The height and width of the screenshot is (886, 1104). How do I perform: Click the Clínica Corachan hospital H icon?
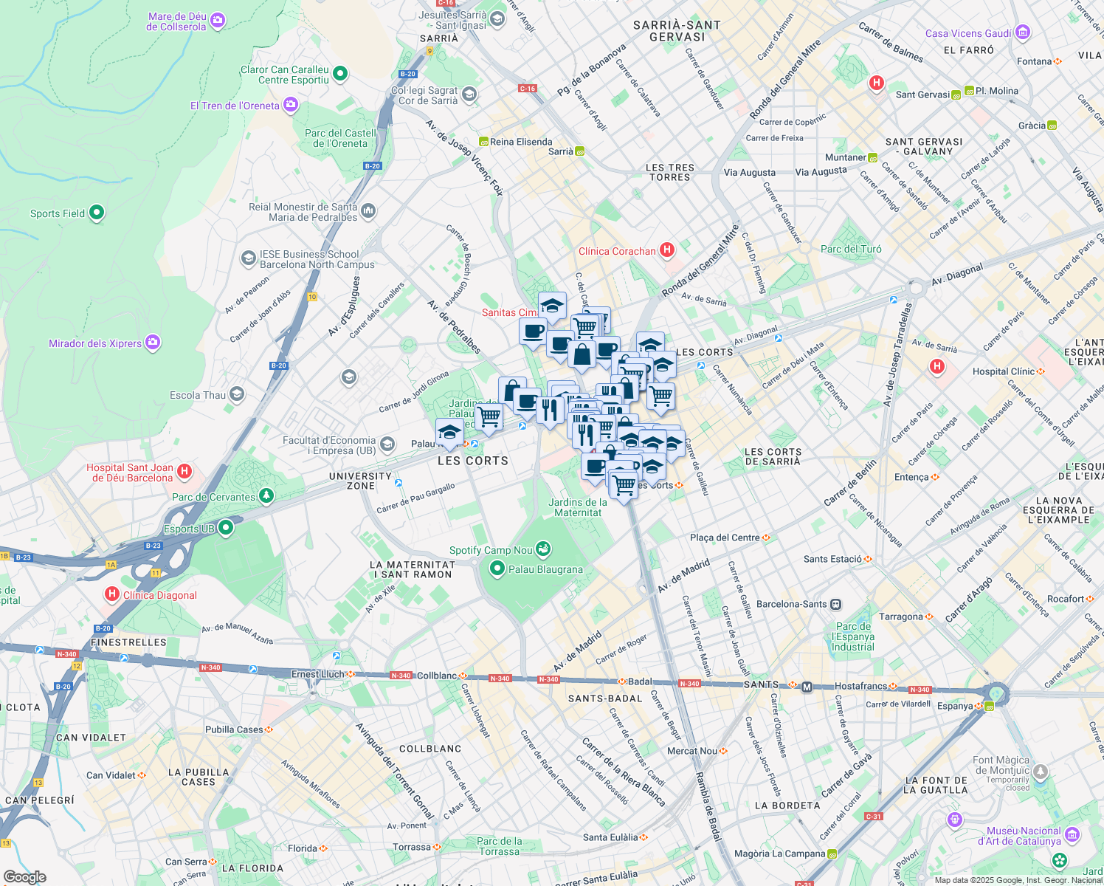coord(667,250)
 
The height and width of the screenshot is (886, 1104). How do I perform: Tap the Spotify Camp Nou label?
coord(491,550)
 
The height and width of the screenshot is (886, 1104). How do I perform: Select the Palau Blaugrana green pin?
coord(497,569)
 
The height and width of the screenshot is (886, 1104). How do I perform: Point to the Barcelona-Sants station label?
coord(791,604)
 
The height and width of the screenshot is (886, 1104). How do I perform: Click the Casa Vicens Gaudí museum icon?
coord(1022,32)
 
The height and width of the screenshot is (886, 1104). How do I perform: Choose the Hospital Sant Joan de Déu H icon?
coord(184,471)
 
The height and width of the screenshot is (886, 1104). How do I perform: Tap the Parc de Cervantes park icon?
coord(266,496)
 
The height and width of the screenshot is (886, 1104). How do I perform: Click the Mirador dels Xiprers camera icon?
coord(153,343)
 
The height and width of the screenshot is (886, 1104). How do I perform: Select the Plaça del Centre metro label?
coord(725,538)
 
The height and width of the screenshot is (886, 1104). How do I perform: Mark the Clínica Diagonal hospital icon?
coord(112,594)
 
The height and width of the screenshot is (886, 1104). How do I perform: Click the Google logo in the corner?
coord(24,877)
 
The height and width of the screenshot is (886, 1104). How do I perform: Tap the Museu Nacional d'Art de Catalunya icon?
coord(1072,835)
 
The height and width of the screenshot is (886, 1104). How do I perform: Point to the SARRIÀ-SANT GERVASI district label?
coord(677,31)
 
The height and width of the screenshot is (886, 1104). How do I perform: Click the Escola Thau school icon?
coord(237,394)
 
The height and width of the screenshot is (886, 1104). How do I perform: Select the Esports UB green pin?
coord(227,528)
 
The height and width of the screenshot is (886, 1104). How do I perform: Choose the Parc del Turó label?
coord(851,249)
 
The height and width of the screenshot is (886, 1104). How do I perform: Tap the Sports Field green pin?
coord(97,213)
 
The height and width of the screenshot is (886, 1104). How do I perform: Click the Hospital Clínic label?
coord(1003,371)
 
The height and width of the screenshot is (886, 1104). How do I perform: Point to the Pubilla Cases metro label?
coord(234,729)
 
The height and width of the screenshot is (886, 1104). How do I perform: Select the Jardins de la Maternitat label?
coord(578,507)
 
